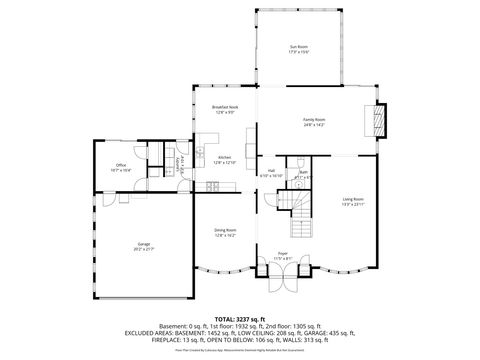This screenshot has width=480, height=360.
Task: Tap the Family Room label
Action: tap(315, 119)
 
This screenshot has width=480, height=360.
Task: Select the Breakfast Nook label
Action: tap(223, 106)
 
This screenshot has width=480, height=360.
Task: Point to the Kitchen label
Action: tap(225, 157)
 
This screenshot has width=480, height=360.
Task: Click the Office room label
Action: tap(121, 166)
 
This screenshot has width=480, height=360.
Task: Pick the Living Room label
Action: tap(353, 200)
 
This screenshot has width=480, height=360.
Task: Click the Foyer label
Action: tap(282, 254)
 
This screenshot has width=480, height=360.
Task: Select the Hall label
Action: tap(271, 171)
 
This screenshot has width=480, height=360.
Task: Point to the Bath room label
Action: tap(303, 173)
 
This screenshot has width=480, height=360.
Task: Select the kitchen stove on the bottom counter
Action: tap(211, 187)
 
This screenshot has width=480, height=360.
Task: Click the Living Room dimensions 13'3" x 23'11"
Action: tap(353, 205)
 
